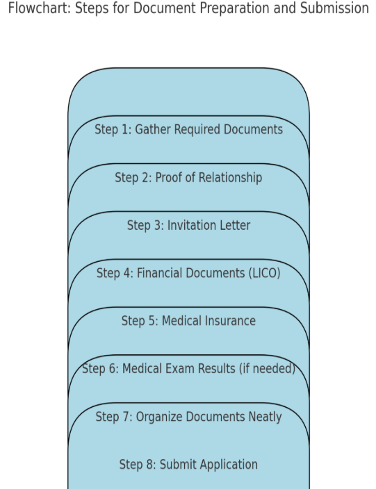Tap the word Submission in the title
coord(334,8)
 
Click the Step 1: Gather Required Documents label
coord(188,129)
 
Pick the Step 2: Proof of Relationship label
coord(188,177)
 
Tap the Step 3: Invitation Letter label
coord(188,225)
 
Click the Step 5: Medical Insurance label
coord(188,321)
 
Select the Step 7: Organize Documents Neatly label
coord(188,417)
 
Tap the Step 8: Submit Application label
coord(188,465)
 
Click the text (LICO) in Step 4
coord(265,273)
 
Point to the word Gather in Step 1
coord(152,129)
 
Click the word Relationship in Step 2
coord(230,177)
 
